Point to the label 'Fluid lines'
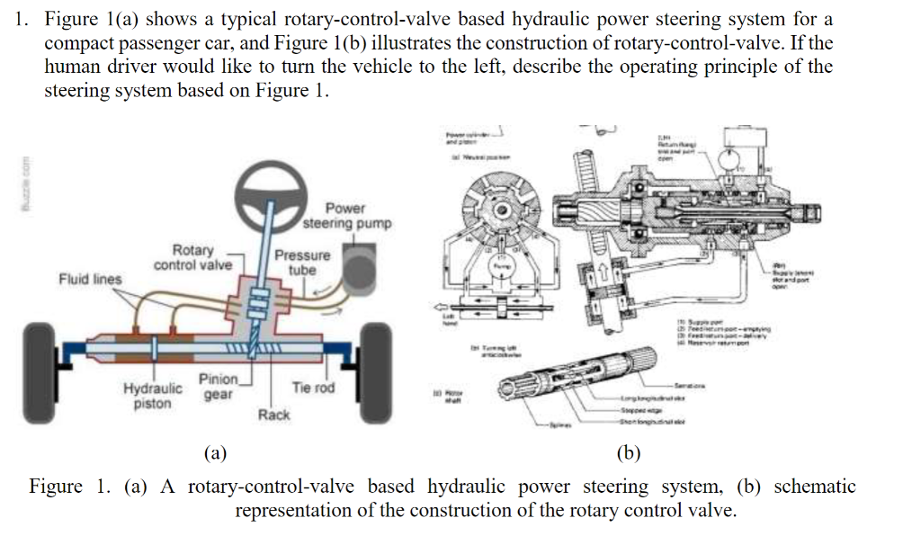coord(90,279)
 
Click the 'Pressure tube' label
coord(302,262)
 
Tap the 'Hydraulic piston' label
coord(152,397)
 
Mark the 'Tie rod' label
coord(313,388)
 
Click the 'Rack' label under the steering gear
coord(273,415)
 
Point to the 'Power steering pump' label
coord(346,215)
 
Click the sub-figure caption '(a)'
coord(214,452)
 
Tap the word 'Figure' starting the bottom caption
coord(56,487)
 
